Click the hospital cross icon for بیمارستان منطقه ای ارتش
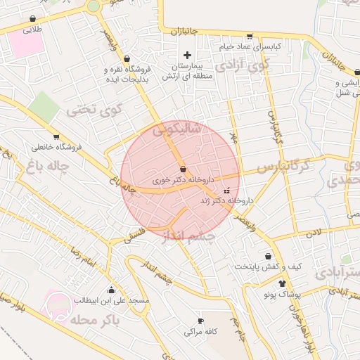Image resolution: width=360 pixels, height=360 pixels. point(186,55)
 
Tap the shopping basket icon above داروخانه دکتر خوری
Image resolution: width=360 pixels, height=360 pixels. point(183,169)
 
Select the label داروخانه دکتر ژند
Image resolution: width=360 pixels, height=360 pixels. point(226,200)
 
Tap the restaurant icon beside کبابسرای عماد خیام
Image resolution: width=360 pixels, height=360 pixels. point(249,37)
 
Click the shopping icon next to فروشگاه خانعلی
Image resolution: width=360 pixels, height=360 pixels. point(56,137)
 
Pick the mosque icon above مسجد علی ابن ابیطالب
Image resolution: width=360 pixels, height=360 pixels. point(110,290)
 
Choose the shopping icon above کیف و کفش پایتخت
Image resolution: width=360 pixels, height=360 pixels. point(268,257)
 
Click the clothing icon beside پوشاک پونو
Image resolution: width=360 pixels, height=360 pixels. point(282,283)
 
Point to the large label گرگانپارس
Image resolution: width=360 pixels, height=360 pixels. point(282,167)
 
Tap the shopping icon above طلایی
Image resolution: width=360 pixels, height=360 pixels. point(32,19)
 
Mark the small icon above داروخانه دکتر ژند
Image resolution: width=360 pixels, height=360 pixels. point(226,191)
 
